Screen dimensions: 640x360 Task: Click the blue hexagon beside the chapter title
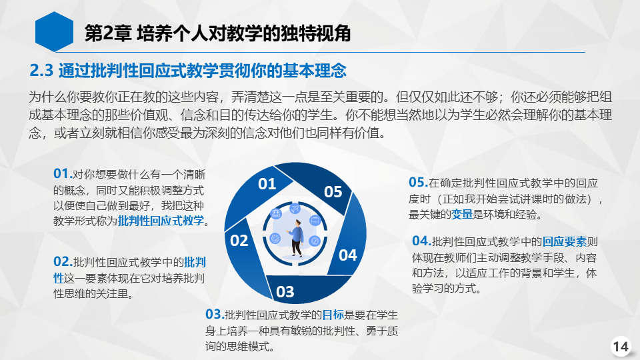54,32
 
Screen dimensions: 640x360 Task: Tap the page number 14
621,347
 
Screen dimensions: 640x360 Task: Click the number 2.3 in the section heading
41,71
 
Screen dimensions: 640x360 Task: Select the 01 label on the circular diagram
267,184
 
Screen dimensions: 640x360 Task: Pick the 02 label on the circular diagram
239,241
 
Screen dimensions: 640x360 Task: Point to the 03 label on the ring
285,292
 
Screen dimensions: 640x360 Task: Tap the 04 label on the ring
348,255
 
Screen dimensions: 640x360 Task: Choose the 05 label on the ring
333,192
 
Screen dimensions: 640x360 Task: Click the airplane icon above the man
295,209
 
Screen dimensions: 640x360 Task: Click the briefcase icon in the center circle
315,221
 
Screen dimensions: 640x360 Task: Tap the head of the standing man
299,223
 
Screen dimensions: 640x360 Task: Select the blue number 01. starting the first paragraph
63,173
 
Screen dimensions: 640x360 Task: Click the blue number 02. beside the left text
63,261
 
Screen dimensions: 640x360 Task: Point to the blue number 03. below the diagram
215,314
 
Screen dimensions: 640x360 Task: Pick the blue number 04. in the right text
421,241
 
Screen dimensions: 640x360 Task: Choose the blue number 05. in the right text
419,182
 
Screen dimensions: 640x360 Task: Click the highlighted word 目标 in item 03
333,315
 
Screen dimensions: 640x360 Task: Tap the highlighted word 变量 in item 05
461,214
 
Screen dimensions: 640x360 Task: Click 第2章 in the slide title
108,33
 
